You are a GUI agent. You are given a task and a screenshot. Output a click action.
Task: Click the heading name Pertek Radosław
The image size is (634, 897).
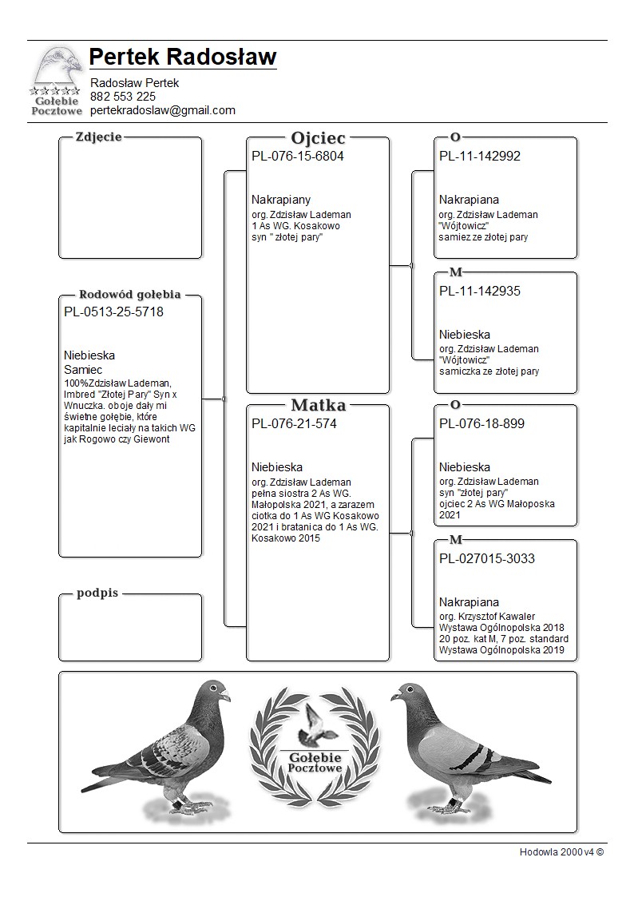[183, 58]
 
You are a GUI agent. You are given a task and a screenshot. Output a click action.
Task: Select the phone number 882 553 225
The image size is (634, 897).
[123, 97]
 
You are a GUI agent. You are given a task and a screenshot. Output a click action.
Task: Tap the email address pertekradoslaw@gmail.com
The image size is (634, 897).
[163, 110]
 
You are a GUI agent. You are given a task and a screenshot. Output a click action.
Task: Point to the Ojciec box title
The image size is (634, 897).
[318, 137]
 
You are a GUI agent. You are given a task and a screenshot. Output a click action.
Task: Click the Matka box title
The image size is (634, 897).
[318, 405]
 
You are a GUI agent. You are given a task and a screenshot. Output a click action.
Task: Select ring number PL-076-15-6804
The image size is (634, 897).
[298, 157]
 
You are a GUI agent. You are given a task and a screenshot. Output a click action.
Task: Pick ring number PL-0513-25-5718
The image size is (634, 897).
[113, 312]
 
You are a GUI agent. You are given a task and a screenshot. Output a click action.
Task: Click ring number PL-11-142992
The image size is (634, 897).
[480, 157]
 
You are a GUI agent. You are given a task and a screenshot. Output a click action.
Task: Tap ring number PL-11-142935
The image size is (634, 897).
[480, 292]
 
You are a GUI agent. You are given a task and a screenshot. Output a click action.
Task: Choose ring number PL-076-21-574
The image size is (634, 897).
[294, 424]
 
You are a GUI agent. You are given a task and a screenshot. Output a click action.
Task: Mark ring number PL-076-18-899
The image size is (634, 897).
[481, 424]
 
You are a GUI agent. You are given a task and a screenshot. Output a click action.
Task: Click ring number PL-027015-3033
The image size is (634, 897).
[487, 559]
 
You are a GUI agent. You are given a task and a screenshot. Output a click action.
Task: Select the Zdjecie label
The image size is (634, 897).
[98, 137]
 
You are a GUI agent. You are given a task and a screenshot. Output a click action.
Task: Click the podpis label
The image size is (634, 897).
[97, 593]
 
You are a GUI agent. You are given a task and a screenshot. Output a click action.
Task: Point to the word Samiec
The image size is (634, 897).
[83, 371]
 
